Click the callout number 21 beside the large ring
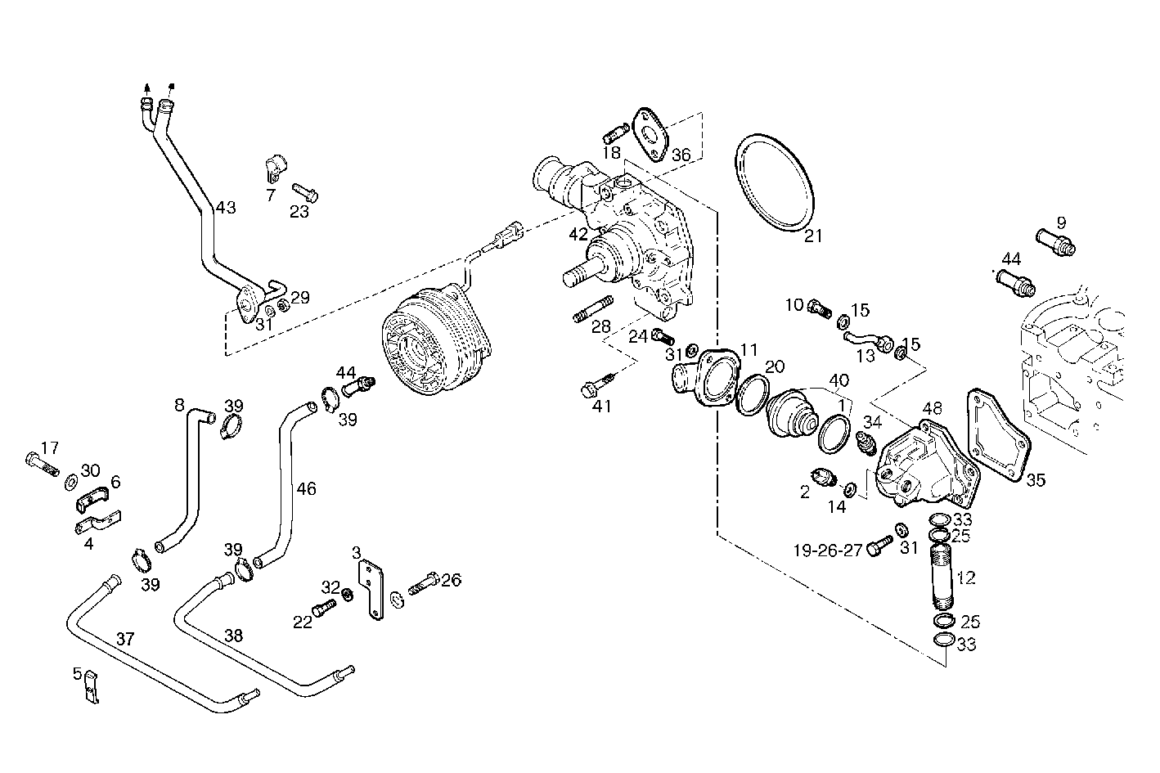tap(812, 236)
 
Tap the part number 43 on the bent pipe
tap(225, 208)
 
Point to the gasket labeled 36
tap(650, 134)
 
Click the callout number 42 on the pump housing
tap(578, 234)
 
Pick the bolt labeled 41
tap(596, 385)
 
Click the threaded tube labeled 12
tap(942, 577)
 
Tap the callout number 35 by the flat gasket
tap(1036, 480)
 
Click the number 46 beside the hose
tap(306, 489)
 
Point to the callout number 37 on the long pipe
tap(124, 638)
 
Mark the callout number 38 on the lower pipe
tap(233, 635)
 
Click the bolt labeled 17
tap(40, 464)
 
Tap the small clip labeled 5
tap(91, 687)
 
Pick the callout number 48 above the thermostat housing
tap(932, 407)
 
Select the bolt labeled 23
tap(303, 193)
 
